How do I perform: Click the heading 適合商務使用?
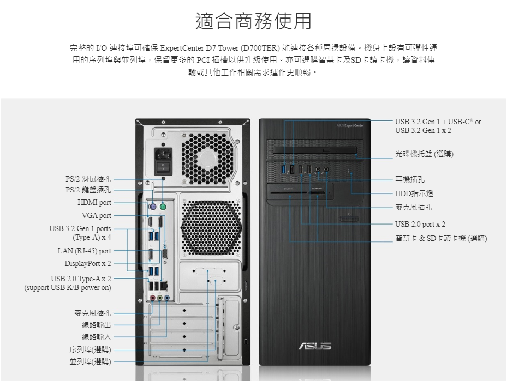[x=253, y=21]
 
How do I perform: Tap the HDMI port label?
[x=94, y=203]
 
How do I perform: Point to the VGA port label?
[x=96, y=216]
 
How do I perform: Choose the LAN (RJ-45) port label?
[x=84, y=251]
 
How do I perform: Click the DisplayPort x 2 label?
[x=87, y=264]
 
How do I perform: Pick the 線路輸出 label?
[x=96, y=325]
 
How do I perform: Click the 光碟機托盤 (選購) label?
[x=424, y=154]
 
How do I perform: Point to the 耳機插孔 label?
[x=410, y=179]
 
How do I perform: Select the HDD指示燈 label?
[x=414, y=193]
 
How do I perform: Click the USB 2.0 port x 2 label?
[x=420, y=224]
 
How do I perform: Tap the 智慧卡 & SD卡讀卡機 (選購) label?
[x=441, y=238]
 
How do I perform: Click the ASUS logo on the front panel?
[x=314, y=346]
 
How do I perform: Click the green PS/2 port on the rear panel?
[x=163, y=208]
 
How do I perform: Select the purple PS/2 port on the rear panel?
[x=153, y=208]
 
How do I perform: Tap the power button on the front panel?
[x=349, y=218]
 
